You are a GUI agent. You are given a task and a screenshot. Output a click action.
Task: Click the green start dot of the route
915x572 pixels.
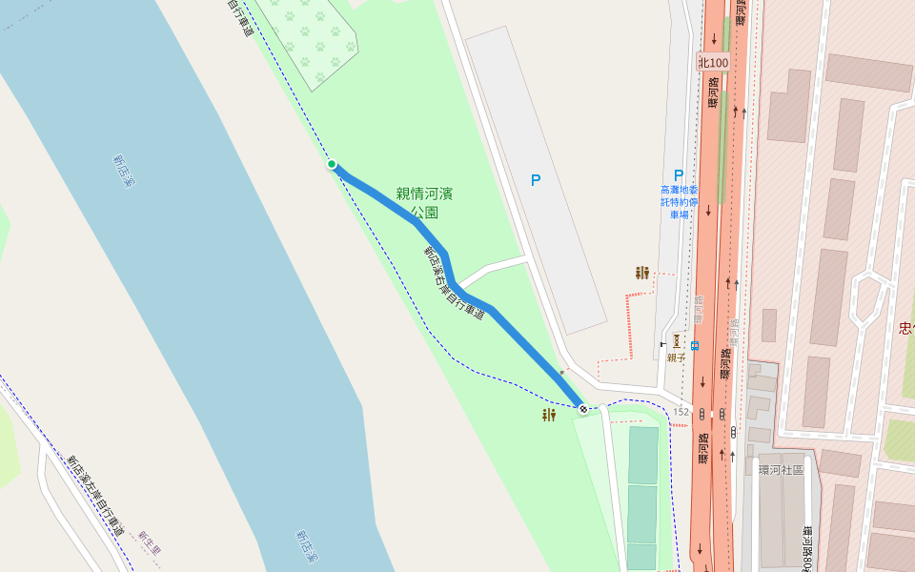click(x=332, y=164)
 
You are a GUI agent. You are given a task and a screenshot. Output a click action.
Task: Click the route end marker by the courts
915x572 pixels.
click(x=582, y=409)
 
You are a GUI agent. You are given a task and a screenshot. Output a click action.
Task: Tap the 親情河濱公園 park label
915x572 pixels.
click(x=424, y=203)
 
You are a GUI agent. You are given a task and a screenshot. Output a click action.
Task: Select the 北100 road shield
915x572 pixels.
click(x=713, y=63)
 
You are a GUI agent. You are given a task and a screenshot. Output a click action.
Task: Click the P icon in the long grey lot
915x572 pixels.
click(x=535, y=179)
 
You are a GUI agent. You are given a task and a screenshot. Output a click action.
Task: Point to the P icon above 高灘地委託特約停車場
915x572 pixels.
click(x=679, y=175)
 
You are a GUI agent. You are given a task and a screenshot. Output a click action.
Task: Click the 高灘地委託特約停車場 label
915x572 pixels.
click(x=679, y=202)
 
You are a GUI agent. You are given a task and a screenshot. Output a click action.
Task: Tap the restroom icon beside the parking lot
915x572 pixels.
click(x=642, y=273)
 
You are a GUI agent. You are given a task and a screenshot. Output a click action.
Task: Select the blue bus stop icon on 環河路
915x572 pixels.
click(x=695, y=345)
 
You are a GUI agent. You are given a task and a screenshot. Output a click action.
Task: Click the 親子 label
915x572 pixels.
click(x=676, y=357)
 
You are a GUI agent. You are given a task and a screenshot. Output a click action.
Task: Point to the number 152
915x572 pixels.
click(x=681, y=412)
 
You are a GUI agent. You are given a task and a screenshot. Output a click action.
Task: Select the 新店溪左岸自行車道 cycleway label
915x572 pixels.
click(x=94, y=495)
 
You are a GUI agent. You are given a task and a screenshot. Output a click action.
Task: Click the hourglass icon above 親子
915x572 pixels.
click(x=676, y=339)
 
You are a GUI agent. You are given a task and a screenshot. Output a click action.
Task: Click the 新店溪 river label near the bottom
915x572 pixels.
click(x=306, y=544)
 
